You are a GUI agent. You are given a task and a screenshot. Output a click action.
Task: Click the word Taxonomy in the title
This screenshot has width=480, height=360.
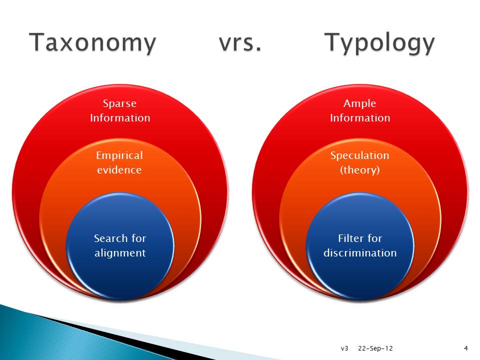(x=92, y=43)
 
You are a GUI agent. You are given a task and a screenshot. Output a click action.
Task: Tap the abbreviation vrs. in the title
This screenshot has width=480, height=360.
(x=240, y=43)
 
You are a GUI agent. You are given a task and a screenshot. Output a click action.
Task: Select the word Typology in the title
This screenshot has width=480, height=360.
(x=379, y=43)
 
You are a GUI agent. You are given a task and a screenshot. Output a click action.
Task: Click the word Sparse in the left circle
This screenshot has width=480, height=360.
(x=119, y=103)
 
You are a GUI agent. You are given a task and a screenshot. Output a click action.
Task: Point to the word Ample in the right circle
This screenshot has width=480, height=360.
(x=359, y=103)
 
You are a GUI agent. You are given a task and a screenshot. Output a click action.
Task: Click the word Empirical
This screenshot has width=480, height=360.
(x=119, y=155)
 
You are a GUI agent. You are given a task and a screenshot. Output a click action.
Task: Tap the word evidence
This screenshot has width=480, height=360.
(x=119, y=170)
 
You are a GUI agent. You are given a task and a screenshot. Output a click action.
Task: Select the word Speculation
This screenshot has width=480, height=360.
(x=359, y=155)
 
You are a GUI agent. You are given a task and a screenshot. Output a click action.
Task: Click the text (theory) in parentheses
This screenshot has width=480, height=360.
(x=359, y=170)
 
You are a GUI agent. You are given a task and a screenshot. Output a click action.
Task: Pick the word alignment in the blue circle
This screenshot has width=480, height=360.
(x=120, y=253)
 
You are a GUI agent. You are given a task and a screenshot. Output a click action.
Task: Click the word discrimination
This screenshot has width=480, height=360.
(x=360, y=253)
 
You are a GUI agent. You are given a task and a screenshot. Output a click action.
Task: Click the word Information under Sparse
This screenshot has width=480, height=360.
(x=119, y=118)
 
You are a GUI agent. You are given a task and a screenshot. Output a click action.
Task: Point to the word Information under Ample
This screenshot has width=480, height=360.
(x=359, y=118)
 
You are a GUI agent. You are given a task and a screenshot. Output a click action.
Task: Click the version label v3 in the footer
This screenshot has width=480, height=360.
(x=344, y=348)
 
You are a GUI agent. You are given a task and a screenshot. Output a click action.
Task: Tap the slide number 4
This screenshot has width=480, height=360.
(x=466, y=348)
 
